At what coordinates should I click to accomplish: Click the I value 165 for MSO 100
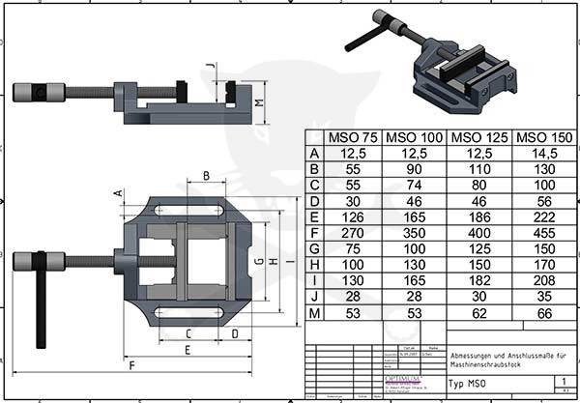pos(415,279)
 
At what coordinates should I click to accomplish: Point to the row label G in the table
pos(313,248)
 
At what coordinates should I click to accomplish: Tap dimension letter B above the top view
pos(206,176)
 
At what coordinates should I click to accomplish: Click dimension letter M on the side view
pos(259,101)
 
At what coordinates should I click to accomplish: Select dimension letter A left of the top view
pos(118,192)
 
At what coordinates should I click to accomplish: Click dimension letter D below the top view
pos(235,333)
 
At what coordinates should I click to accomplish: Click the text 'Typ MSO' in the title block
pos(468,383)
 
